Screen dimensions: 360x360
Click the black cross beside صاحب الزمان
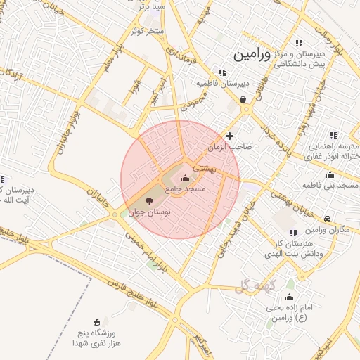(229, 135)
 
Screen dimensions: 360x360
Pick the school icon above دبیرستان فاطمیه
(222, 72)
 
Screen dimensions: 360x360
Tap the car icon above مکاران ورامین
(329, 219)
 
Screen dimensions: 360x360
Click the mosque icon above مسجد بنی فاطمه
(330, 175)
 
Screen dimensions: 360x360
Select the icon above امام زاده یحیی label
(288, 297)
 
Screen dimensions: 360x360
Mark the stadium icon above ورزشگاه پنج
(96, 321)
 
